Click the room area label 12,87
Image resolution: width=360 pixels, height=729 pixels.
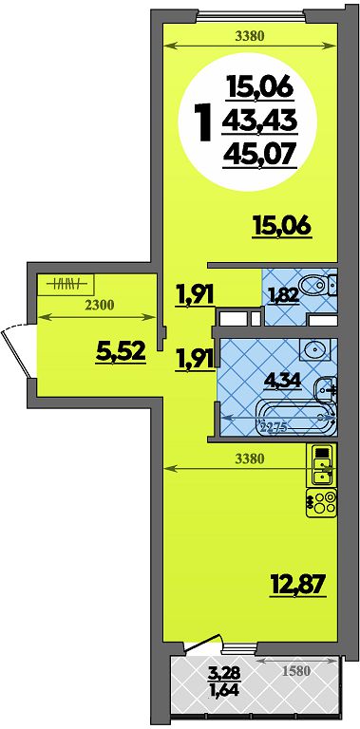coord(296,585)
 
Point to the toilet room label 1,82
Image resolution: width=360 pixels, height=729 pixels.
coord(283,294)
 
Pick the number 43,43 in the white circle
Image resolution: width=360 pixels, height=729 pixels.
coord(259,121)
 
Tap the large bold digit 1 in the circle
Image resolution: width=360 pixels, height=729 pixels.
coord(203,121)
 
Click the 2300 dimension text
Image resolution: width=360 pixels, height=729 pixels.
coord(100,305)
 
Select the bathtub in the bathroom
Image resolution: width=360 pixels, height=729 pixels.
coord(295,417)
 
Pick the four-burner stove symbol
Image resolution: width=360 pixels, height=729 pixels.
coord(321,502)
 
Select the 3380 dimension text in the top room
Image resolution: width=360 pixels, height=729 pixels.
coord(250,37)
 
